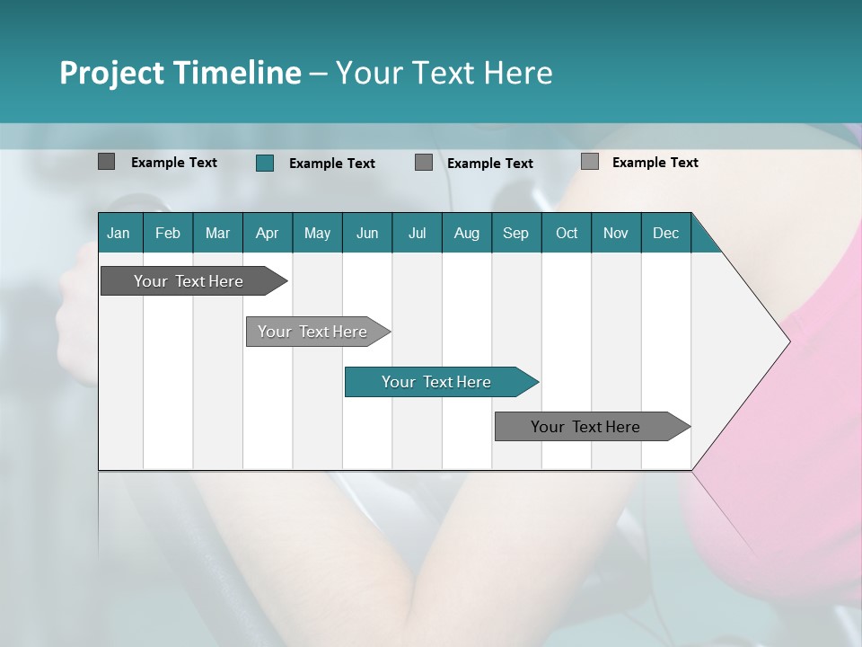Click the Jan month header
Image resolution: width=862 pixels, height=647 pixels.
(x=119, y=233)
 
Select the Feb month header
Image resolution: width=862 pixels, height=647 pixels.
(x=168, y=233)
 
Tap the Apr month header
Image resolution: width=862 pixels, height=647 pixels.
(x=268, y=233)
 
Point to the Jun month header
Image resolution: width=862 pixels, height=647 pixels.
(x=367, y=233)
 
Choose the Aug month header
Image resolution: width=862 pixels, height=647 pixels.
(x=467, y=233)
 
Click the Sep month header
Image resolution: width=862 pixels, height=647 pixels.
(x=516, y=233)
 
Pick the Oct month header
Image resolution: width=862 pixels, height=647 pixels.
(x=567, y=233)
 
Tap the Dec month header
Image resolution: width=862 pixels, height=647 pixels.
(x=666, y=233)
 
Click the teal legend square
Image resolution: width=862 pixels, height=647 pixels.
(x=264, y=163)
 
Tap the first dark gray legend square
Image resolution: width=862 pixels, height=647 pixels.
(x=106, y=162)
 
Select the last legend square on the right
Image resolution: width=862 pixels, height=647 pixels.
(x=590, y=162)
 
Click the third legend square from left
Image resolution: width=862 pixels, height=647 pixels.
(x=424, y=162)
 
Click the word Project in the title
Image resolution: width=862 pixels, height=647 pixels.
(x=111, y=73)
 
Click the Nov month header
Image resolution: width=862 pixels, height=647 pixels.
(x=616, y=233)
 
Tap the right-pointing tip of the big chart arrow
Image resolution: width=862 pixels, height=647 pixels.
(x=787, y=341)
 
